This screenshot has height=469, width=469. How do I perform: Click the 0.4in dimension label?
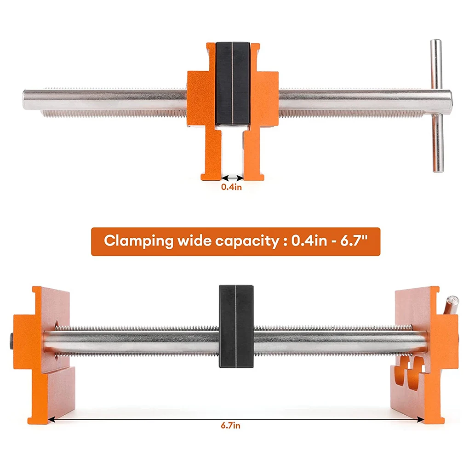[x=231, y=187]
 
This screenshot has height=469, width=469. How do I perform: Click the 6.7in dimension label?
[x=230, y=425]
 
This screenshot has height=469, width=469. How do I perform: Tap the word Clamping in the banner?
[x=138, y=241]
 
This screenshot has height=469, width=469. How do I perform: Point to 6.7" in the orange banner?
[x=354, y=240]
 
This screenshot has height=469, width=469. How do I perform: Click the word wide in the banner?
[x=194, y=240]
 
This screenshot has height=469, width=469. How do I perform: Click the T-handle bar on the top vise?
[x=437, y=106]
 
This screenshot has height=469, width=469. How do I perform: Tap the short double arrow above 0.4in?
[x=232, y=178]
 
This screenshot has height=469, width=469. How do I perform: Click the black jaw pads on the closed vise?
[x=232, y=83]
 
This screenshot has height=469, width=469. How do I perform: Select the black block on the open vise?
[x=236, y=326]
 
